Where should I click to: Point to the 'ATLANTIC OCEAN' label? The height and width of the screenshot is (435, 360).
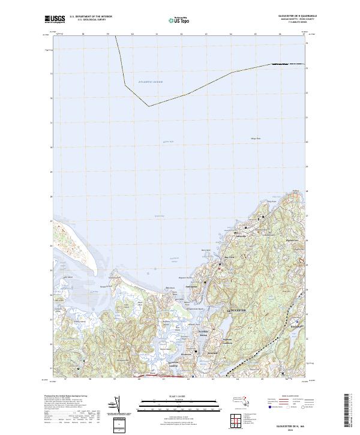(150, 81)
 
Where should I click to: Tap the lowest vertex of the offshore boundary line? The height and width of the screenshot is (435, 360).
(149, 106)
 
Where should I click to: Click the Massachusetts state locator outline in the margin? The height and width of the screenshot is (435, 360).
(208, 401)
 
